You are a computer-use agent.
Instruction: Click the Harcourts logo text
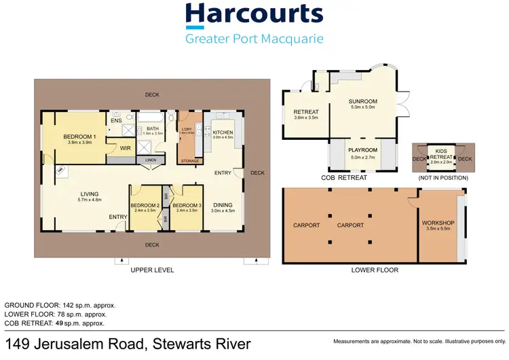pos(254,14)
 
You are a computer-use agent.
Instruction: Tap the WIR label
pos(125,147)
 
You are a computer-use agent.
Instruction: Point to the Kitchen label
pos(223,133)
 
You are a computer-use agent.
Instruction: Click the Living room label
pos(90,195)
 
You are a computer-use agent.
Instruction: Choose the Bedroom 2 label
pos(145,206)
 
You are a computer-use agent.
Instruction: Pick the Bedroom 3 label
pos(185,206)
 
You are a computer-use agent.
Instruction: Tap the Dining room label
pos(223,206)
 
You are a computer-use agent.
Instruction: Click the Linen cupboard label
pos(150,160)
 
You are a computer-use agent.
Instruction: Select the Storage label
pos(190,161)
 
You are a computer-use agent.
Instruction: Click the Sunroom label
pos(364,103)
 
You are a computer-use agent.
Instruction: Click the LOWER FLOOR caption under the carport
pos(375,270)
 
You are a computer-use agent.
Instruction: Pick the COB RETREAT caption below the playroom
pos(344,178)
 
